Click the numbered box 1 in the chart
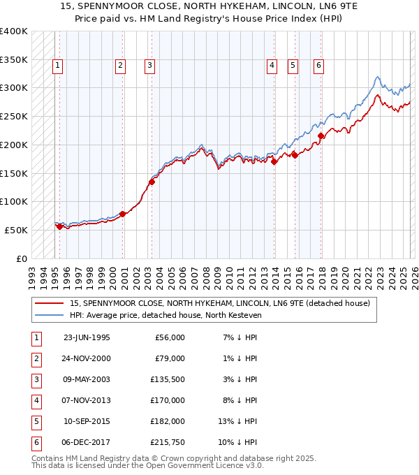[57, 66]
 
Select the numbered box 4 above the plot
[272, 66]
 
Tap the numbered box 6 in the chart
[318, 66]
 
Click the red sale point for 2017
[321, 136]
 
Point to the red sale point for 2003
[152, 182]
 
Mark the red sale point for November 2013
[274, 162]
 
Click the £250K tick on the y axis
[13, 117]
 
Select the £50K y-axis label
[16, 230]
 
